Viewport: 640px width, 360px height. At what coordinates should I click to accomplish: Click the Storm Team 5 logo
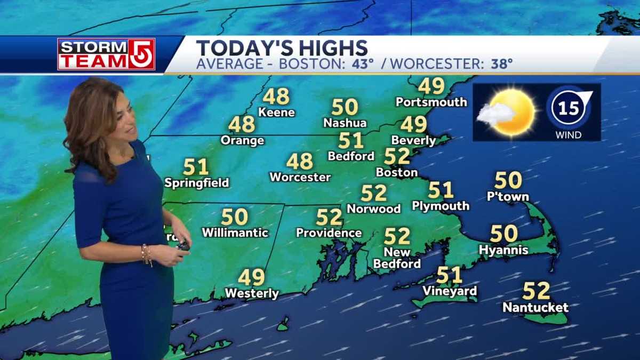106,54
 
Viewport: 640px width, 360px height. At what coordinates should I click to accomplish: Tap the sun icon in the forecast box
512,111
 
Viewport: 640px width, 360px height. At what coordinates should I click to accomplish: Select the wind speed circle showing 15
569,108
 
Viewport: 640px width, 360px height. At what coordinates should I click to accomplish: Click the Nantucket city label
535,308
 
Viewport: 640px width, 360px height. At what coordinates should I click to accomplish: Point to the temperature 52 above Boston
397,156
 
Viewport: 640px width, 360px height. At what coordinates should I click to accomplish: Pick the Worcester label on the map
300,177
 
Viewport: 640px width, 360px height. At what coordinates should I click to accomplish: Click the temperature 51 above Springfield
196,167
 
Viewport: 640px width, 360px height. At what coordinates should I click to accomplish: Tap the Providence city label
329,233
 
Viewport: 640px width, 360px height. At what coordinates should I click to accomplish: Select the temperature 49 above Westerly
251,277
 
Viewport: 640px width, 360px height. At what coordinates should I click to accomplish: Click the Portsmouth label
431,101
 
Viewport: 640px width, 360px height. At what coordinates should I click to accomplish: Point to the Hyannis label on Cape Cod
503,250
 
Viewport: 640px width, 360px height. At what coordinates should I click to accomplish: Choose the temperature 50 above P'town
508,180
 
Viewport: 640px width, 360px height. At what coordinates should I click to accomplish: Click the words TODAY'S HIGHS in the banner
282,48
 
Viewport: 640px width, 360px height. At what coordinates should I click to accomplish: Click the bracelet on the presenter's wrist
147,254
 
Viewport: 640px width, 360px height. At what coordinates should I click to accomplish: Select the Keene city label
276,112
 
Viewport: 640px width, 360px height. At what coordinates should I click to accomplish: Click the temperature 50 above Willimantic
235,217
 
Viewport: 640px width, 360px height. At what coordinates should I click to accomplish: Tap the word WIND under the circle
569,135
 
